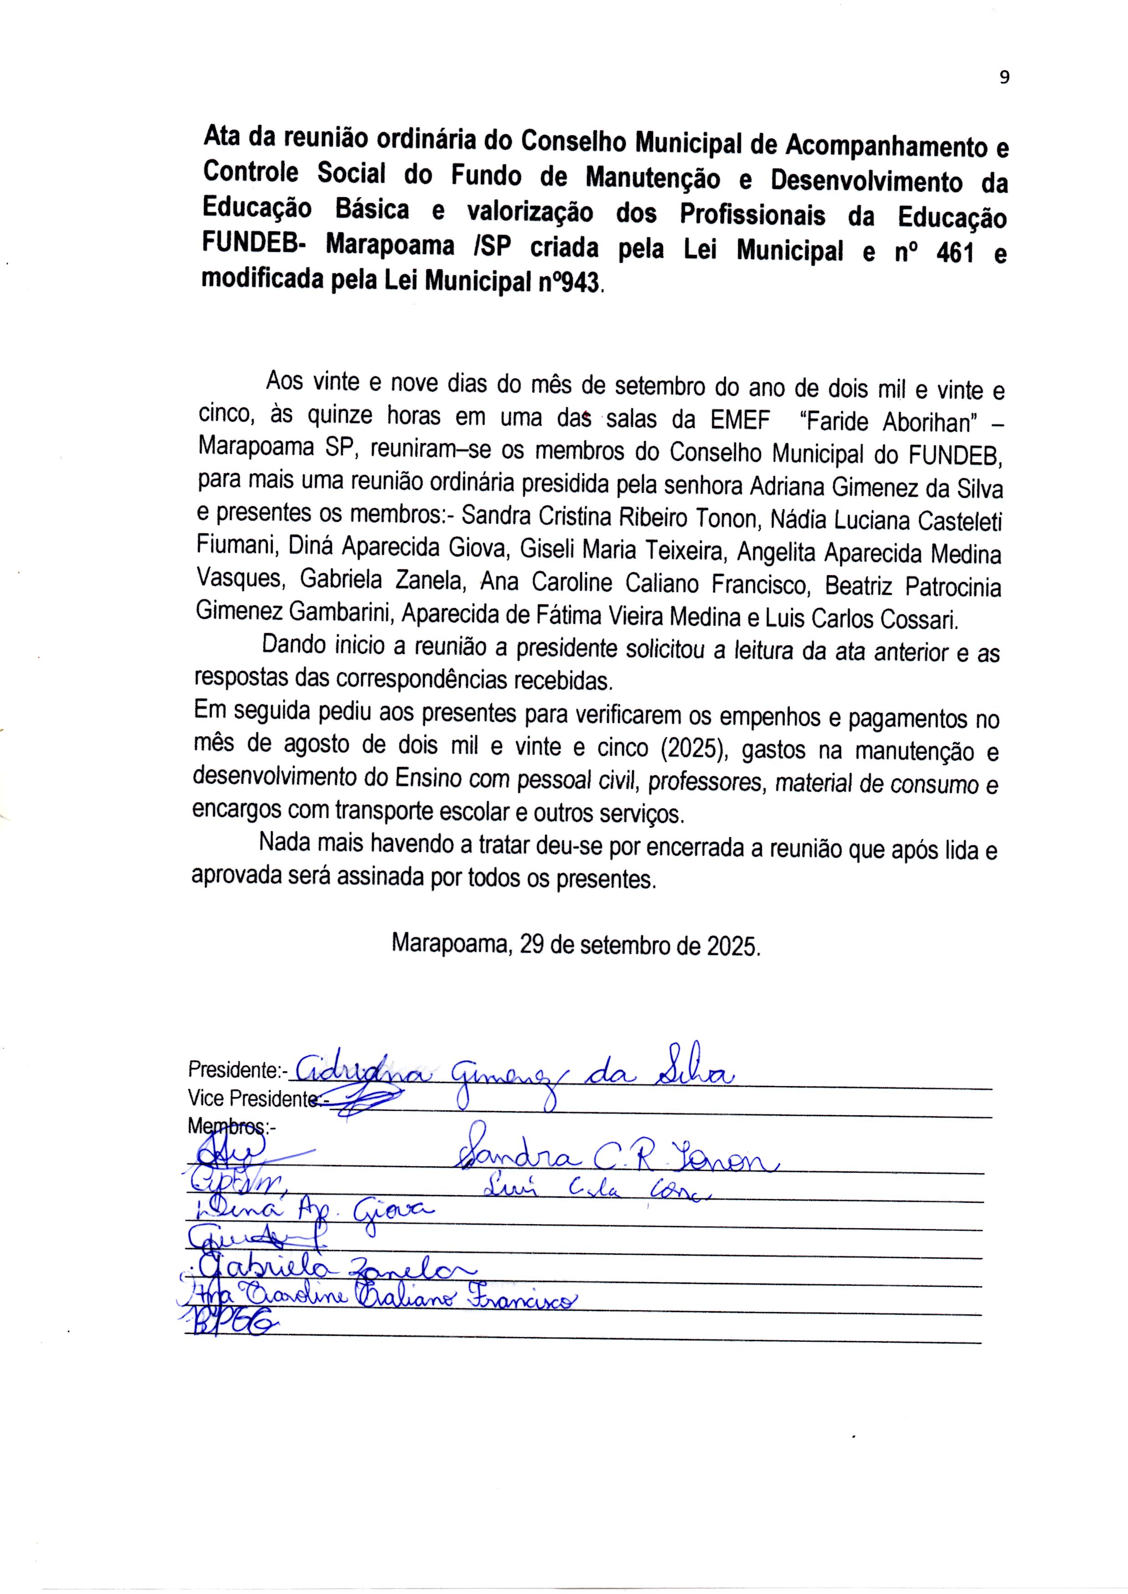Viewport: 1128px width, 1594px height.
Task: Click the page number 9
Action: coord(1004,78)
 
